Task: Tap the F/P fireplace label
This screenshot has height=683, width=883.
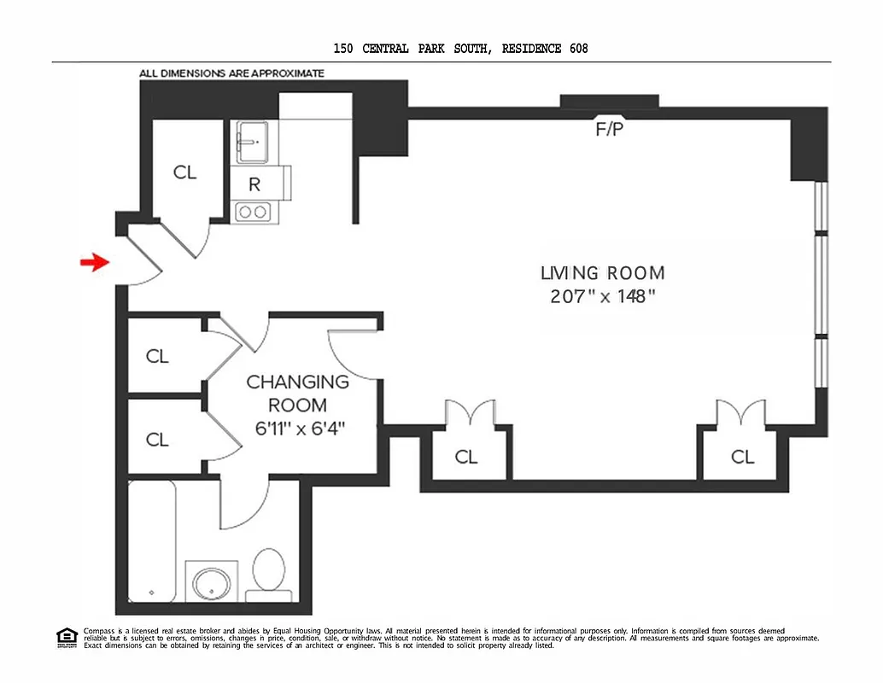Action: [609, 131]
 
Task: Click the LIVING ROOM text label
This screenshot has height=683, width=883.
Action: [602, 273]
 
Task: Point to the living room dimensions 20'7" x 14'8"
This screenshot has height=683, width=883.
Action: [602, 297]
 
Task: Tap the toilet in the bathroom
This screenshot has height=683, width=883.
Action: [269, 574]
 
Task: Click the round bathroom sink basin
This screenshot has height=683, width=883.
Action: [211, 585]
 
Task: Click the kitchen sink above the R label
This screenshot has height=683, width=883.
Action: [253, 141]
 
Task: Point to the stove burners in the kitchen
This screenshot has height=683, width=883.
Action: [252, 212]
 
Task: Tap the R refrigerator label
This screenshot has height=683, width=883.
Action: [254, 184]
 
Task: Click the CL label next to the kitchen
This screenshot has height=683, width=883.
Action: [184, 172]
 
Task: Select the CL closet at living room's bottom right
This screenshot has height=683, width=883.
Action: [742, 457]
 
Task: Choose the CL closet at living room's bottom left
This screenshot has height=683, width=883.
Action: [466, 457]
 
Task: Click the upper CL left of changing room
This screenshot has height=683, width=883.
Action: [157, 356]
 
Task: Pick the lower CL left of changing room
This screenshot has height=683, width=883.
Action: [157, 440]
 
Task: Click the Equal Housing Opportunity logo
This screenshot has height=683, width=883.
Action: [67, 637]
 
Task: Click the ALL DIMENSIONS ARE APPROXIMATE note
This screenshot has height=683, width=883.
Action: [231, 73]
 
